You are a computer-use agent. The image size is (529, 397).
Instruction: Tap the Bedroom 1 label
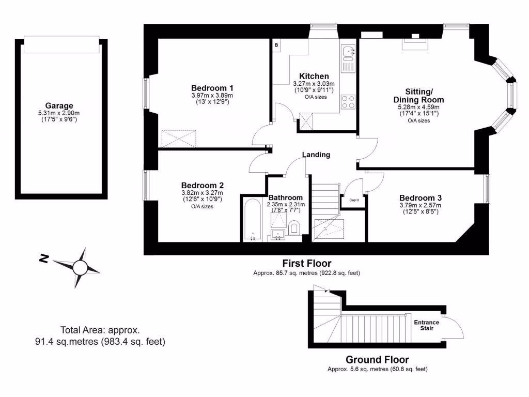(x=212, y=87)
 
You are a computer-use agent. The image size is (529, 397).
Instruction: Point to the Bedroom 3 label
(x=420, y=197)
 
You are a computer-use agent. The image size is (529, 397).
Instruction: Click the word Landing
(x=316, y=155)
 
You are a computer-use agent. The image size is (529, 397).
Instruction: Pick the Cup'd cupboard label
(x=354, y=200)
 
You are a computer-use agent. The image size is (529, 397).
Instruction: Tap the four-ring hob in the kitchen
(x=348, y=101)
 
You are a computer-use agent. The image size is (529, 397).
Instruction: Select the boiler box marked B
(x=276, y=45)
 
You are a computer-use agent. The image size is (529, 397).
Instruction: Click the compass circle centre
(x=80, y=267)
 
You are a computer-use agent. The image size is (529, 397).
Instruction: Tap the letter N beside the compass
(x=45, y=258)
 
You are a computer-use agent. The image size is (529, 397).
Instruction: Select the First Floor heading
(x=306, y=264)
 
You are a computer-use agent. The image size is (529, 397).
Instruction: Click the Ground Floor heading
(x=377, y=360)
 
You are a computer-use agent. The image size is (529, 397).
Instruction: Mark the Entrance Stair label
(x=426, y=325)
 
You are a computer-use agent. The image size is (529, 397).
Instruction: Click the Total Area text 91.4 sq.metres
(x=100, y=341)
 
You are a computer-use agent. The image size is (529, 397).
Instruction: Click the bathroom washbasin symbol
(x=276, y=235)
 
